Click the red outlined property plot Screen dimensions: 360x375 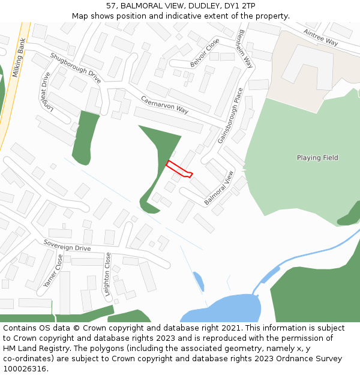click(x=179, y=169)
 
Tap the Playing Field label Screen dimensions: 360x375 click(x=317, y=158)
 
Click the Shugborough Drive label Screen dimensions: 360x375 click(x=76, y=67)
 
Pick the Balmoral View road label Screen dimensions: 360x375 click(x=219, y=188)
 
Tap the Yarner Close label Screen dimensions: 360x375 click(x=53, y=271)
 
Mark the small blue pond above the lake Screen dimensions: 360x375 click(x=198, y=280)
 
